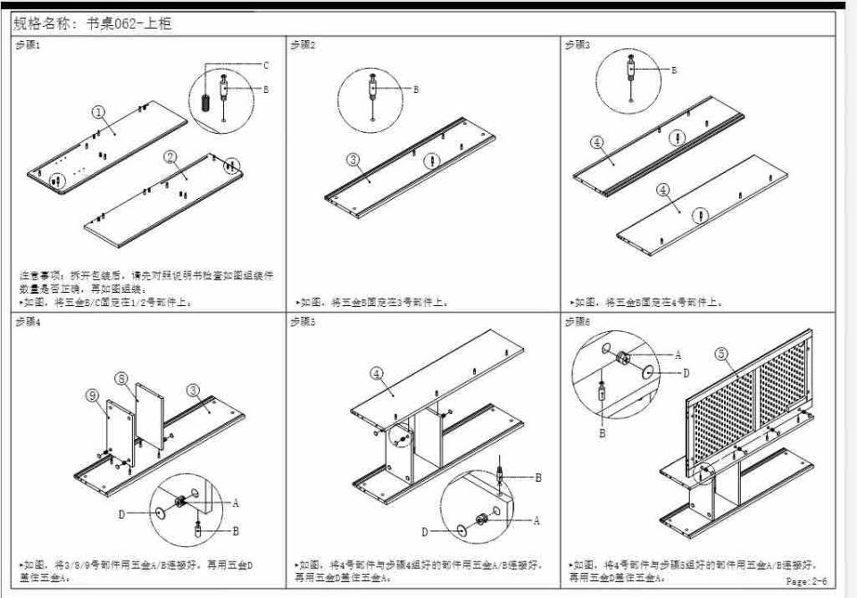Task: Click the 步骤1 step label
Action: [x=28, y=45]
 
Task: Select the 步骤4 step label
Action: [x=28, y=321]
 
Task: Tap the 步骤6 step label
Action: [x=577, y=321]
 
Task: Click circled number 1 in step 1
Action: [x=99, y=113]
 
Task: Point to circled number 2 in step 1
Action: [x=171, y=157]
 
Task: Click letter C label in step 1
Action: [x=265, y=65]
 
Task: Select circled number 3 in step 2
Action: [x=354, y=160]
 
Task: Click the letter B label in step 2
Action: [x=415, y=89]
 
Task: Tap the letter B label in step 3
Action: [x=673, y=69]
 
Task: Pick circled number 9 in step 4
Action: [x=92, y=395]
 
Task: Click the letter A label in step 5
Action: [x=536, y=520]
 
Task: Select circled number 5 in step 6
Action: [x=720, y=354]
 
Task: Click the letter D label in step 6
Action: [x=686, y=372]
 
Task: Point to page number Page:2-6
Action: [x=806, y=581]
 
